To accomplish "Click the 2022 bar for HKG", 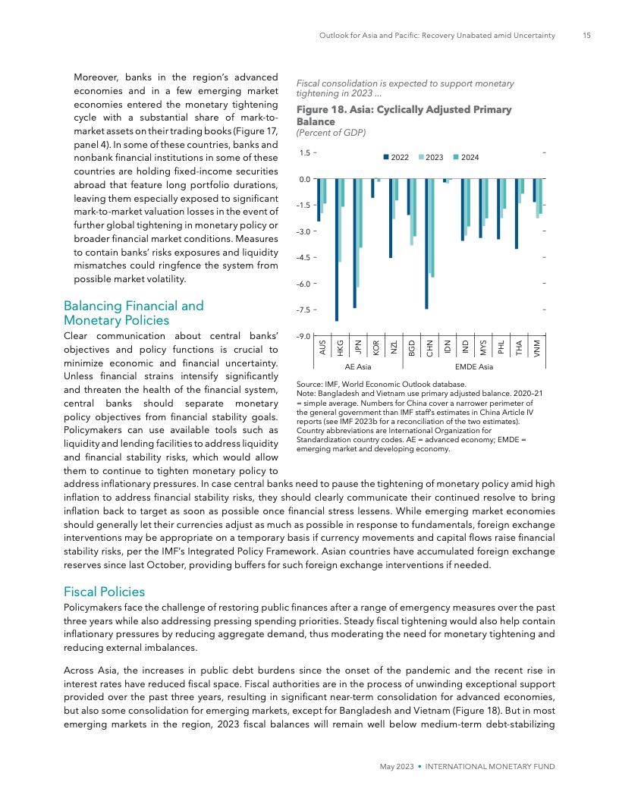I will point(337,250).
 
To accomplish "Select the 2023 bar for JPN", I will point(358,233).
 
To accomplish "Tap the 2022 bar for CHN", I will point(427,243).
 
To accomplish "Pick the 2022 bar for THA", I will point(517,214).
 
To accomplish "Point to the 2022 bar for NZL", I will point(391,218).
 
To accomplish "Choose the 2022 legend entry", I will point(397,157).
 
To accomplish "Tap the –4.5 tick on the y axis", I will point(305,257).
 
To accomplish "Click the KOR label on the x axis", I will point(376,347).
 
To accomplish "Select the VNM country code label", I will point(537,347).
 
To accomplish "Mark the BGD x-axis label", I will point(412,347).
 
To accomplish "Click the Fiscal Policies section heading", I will point(105,591).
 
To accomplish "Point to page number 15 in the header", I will point(587,35).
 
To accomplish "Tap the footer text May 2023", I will point(397,767).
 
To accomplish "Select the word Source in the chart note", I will point(309,385).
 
